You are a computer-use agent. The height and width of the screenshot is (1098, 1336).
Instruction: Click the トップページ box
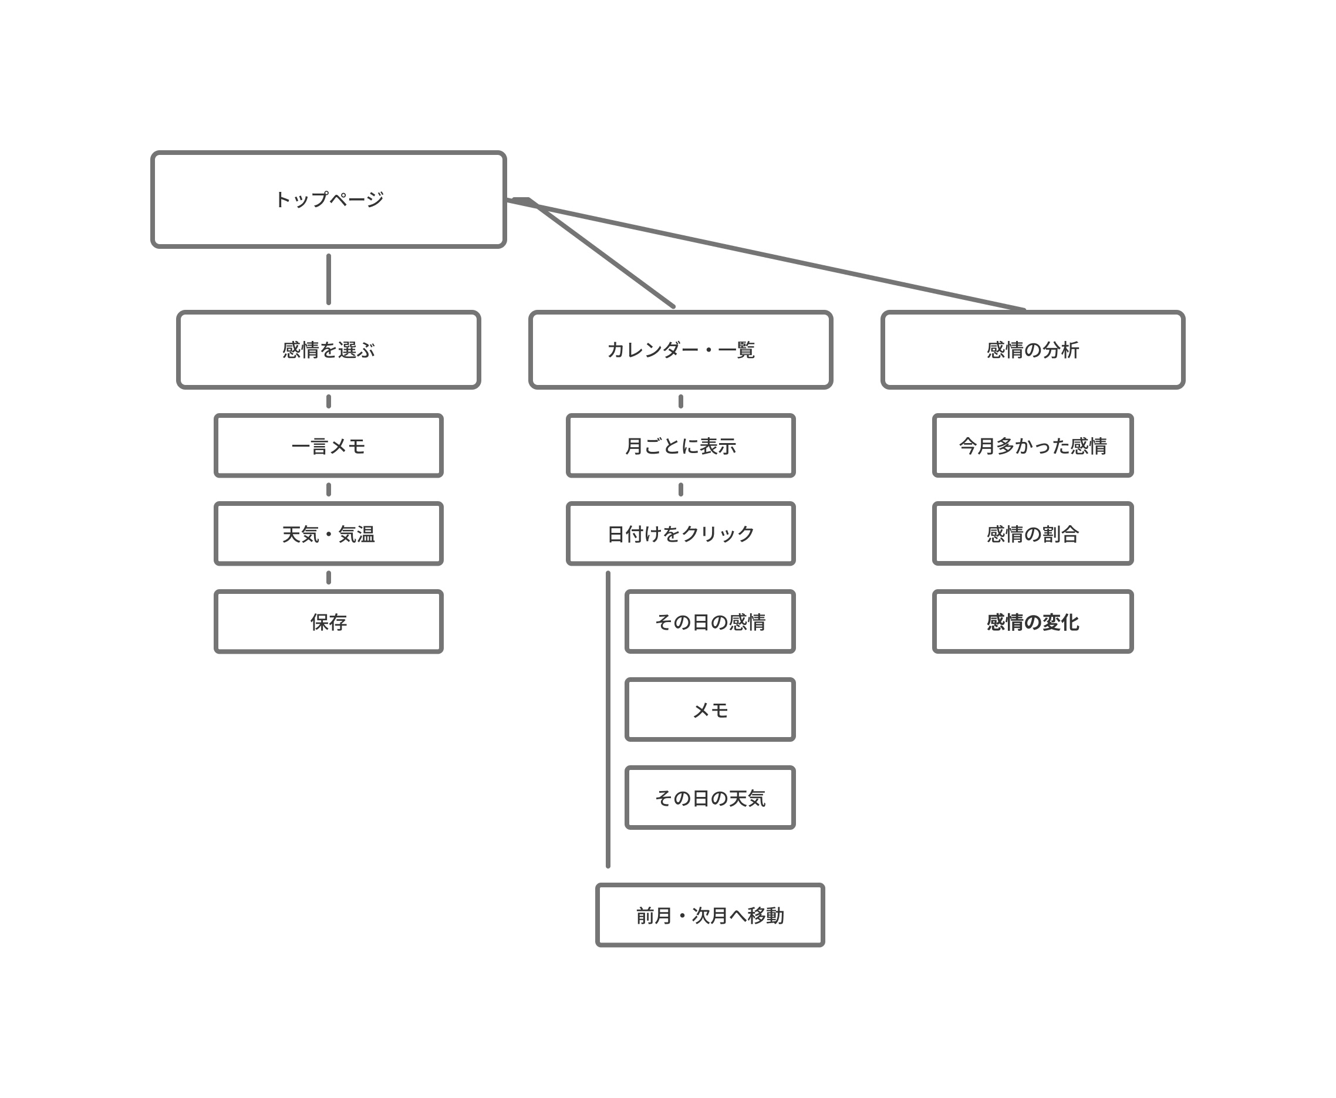[x=328, y=199]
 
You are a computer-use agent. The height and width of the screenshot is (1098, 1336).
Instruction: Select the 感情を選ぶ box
[x=328, y=350]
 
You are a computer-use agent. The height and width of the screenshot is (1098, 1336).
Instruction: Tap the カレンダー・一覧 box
[x=681, y=350]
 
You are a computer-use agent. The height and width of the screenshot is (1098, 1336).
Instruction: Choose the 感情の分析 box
[x=1033, y=350]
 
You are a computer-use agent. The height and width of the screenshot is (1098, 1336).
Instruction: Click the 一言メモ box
[x=328, y=446]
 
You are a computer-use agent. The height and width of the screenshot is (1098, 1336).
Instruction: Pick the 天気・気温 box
[x=328, y=534]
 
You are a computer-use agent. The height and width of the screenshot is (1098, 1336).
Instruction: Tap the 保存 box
[x=328, y=621]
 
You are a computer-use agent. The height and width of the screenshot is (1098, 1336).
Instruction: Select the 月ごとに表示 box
[x=681, y=446]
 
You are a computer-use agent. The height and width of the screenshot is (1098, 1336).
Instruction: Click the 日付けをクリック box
[x=681, y=534]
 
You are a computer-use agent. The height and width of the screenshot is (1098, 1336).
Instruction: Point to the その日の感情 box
[x=710, y=621]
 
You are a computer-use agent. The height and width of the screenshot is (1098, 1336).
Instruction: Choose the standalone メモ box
[x=710, y=710]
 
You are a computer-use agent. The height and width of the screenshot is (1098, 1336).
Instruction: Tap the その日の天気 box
[x=710, y=798]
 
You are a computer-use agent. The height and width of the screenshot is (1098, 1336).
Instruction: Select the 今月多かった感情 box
[x=1033, y=446]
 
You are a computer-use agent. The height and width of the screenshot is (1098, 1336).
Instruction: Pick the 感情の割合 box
[x=1033, y=534]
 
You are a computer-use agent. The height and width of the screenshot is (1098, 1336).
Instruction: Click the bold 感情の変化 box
[x=1033, y=621]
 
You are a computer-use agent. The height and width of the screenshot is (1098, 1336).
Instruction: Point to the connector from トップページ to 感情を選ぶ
[x=328, y=279]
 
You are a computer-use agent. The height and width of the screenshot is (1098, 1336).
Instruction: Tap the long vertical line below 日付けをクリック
[x=609, y=719]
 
